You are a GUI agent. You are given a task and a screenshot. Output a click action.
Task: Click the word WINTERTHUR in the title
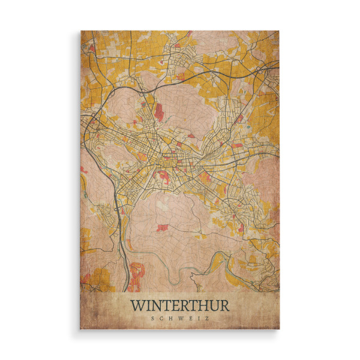click(x=180, y=305)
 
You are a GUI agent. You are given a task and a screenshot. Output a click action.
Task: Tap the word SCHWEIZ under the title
click(x=180, y=318)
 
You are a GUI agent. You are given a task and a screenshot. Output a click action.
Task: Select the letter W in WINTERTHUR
click(x=137, y=305)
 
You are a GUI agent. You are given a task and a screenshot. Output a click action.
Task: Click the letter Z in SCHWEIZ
click(x=208, y=318)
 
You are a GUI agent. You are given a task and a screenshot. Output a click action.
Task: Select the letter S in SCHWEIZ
click(x=153, y=318)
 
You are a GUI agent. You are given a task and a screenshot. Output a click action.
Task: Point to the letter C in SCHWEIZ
click(x=162, y=318)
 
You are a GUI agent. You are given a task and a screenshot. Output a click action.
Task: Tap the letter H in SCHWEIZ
click(x=171, y=318)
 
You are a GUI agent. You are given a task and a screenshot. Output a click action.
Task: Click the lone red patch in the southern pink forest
click(x=163, y=227)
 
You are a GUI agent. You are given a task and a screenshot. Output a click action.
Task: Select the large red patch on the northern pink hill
click(x=159, y=112)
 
